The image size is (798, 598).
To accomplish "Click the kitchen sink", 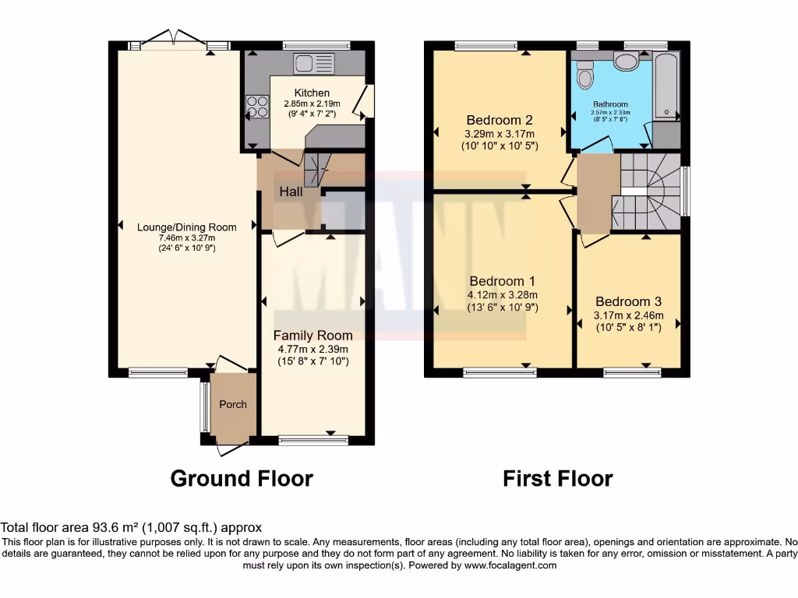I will pos(313,63).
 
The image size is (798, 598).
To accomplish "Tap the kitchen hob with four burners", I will pos(256,106).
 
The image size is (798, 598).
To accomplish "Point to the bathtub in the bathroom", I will pos(666,86).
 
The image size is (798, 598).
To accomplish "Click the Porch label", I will pos(233,404).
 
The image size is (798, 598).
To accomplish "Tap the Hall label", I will pos(291,192).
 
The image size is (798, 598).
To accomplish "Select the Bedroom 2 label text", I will pos(499,120).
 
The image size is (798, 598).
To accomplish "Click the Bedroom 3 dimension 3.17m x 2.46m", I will pos(628,315).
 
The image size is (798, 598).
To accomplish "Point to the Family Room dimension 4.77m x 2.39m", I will pos(312,349).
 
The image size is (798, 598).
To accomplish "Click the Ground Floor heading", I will pos(242,478).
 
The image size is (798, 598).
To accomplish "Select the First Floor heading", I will pos(557,478).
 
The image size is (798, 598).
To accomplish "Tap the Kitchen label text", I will pos(312,93).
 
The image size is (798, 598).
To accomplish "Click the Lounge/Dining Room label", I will pos(186,227).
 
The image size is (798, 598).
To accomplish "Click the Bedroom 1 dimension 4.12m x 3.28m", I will pos(503,295).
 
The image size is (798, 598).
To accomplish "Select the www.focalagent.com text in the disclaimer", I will pos(510,565).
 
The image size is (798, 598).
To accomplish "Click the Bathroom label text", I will pos(609,104).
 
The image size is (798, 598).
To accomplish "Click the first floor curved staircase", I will pos(651,191).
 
